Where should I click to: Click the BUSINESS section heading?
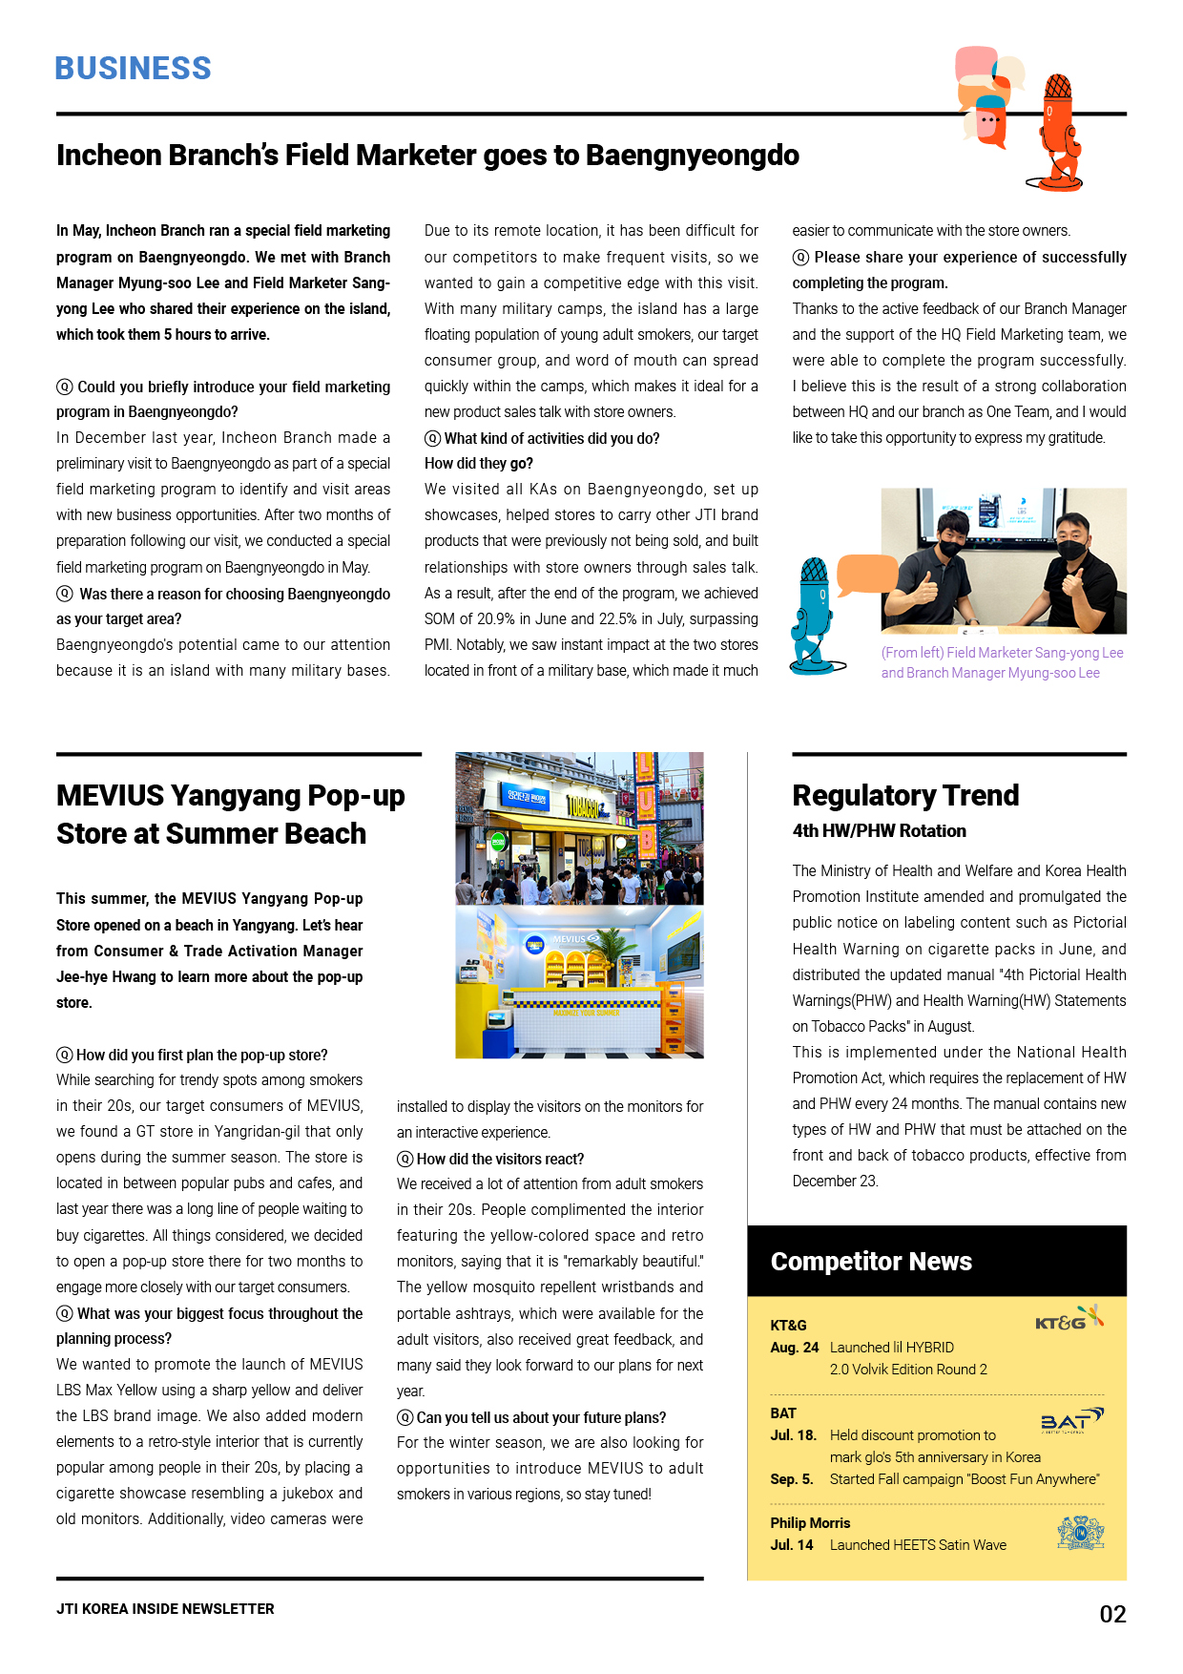(x=133, y=69)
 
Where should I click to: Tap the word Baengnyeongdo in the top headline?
(x=692, y=155)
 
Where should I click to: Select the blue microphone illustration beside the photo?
(x=813, y=616)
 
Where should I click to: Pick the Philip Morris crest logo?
(x=1080, y=1533)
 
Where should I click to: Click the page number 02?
(x=1112, y=1614)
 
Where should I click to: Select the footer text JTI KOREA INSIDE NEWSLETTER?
(x=165, y=1609)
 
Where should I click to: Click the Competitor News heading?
(x=871, y=1262)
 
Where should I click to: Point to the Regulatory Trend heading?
(x=905, y=795)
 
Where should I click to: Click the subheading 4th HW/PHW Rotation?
(x=879, y=831)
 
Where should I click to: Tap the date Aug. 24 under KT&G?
(x=795, y=1348)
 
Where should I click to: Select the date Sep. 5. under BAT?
(x=792, y=1479)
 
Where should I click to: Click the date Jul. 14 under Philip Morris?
(x=792, y=1545)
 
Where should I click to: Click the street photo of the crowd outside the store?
(x=579, y=828)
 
